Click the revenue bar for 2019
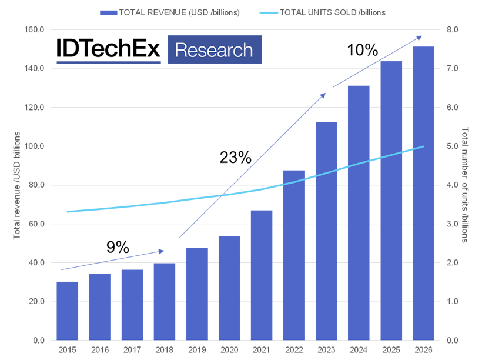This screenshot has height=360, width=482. point(197,294)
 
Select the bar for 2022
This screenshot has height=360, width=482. point(294,255)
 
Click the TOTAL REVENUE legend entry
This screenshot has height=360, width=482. point(170,12)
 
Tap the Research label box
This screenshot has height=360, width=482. point(214,49)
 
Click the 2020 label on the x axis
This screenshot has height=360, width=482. point(229,350)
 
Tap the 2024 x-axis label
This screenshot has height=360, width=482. point(359,350)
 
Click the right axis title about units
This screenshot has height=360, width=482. point(464,185)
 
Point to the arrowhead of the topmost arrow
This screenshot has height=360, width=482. point(420,37)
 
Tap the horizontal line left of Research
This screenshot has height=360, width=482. point(109,62)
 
